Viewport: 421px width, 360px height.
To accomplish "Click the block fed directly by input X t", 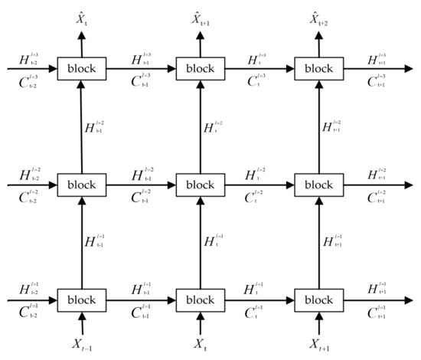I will click(200, 299).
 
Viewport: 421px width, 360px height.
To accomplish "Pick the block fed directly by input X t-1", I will click(82, 299).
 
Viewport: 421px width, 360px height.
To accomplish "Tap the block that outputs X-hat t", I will click(82, 68).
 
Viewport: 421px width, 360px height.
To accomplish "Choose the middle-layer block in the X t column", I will click(200, 185).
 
